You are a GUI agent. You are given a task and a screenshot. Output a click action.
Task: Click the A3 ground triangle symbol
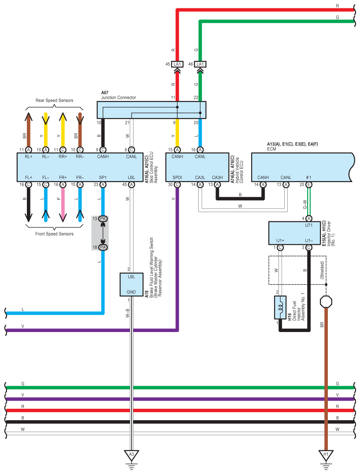(x=131, y=455)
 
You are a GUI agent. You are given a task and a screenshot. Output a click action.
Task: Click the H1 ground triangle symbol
(x=326, y=455)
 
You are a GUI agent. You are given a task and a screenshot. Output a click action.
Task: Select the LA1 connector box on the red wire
(x=177, y=64)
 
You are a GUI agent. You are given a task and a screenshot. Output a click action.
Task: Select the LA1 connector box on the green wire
(x=200, y=64)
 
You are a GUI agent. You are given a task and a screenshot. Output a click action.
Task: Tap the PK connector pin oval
(x=103, y=219)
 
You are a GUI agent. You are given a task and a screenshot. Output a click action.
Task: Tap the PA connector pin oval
(x=103, y=247)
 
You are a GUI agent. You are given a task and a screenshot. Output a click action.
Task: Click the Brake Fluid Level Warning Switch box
(x=131, y=284)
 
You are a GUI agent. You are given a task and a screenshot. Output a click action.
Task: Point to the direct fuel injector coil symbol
(x=280, y=307)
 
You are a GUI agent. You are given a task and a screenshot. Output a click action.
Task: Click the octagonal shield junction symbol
(x=326, y=302)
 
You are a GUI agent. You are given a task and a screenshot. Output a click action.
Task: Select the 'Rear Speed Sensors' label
(x=54, y=101)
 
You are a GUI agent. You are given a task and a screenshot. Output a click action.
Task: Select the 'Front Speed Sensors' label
(x=54, y=234)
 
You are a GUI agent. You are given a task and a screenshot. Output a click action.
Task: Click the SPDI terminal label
(x=177, y=177)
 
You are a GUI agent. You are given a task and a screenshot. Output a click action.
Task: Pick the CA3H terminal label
(x=217, y=177)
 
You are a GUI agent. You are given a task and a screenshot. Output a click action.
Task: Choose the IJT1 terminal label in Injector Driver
(x=308, y=225)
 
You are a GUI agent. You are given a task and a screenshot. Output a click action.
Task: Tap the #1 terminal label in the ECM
(x=308, y=177)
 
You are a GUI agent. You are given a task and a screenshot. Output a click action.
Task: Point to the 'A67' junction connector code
(x=105, y=93)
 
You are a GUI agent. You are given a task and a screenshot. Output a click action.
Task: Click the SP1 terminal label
(x=103, y=177)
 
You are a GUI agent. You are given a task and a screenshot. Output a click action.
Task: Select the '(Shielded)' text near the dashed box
(x=322, y=270)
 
